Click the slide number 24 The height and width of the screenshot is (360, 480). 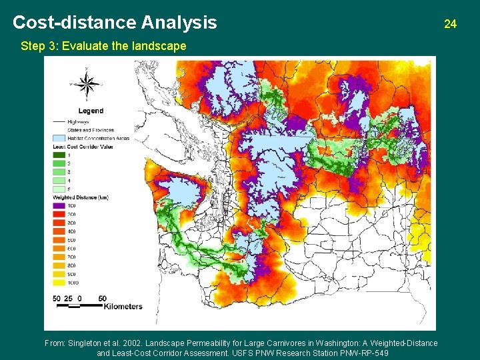click(x=450, y=24)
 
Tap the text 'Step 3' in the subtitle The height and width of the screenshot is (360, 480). click(x=37, y=47)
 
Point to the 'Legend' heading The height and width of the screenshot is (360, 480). click(x=91, y=111)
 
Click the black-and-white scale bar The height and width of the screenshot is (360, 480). click(x=79, y=305)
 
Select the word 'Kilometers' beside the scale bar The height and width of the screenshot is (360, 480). click(x=123, y=307)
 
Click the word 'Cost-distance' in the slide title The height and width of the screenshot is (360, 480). click(x=75, y=23)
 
